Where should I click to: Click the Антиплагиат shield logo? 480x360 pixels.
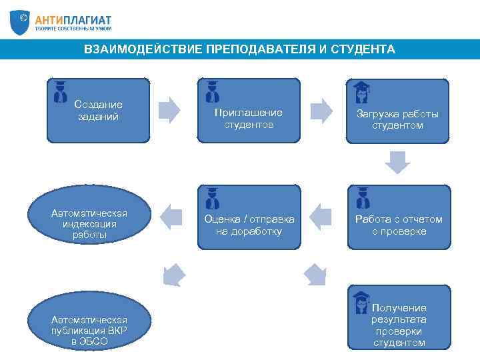[x=20, y=22]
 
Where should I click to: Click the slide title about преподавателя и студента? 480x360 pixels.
[x=239, y=49]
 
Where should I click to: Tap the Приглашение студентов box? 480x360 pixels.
[x=249, y=111]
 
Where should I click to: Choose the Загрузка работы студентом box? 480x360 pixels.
[x=397, y=111]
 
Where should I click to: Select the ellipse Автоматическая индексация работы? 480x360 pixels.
[x=89, y=217]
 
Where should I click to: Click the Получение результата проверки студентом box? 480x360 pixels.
[x=398, y=317]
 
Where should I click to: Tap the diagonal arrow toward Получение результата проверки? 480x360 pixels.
[x=315, y=273]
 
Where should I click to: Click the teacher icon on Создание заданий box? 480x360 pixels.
[x=61, y=91]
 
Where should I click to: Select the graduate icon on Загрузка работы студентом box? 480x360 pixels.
[x=361, y=93]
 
